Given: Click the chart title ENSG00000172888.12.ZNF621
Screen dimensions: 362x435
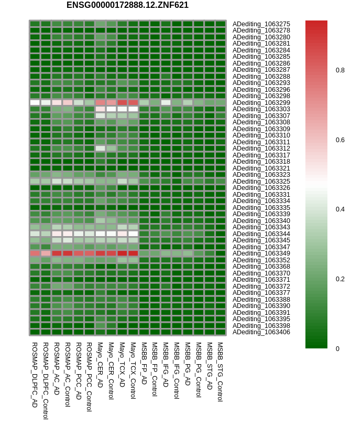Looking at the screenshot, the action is pos(127,5).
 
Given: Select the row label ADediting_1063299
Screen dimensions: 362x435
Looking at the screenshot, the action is pos(261,103).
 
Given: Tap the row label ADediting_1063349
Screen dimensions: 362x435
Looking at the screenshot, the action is pos(261,253).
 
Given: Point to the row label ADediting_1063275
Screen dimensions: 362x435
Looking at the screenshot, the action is pos(261,24).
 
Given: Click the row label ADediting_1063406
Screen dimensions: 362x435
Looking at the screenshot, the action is pos(261,332).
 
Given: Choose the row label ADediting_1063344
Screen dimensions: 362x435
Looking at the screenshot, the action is pos(261,234).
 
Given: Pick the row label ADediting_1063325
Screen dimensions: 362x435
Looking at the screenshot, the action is pos(261,182).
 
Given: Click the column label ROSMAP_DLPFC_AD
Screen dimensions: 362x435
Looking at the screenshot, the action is pos(35,375).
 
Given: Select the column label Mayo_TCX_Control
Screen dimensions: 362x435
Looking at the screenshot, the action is pos(133,370).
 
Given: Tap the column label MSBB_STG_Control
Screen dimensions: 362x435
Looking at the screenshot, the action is pos(220,372).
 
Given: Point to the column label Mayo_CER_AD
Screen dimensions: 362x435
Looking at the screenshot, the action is pos(100,365).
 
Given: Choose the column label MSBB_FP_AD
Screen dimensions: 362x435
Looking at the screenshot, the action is pos(144,363).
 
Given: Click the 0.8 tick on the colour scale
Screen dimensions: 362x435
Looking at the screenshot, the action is pos(340,70).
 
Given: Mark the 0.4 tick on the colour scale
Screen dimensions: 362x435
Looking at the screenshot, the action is pos(340,209).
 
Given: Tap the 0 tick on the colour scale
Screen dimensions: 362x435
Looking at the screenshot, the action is pos(337,349).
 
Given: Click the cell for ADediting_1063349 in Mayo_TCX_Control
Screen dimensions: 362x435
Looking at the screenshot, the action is pos(133,253).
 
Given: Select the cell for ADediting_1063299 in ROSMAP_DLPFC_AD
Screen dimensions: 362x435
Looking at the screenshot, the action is pos(35,103).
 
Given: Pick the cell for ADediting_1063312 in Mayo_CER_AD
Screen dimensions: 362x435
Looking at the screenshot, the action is pos(100,148).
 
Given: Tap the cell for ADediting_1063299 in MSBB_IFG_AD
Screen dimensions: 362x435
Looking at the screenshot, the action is pos(166,103).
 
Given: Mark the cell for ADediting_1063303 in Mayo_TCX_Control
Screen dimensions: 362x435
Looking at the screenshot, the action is pos(133,109).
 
